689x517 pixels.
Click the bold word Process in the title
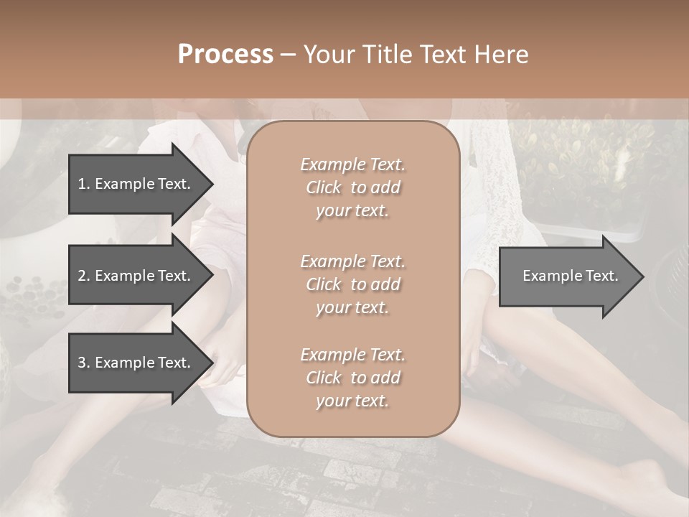[x=225, y=54]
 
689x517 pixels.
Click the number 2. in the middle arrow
[x=83, y=276]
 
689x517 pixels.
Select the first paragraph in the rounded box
[x=352, y=187]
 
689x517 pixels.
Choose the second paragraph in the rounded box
[x=352, y=284]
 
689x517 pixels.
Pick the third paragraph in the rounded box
[x=352, y=378]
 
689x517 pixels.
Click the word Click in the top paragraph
[x=324, y=187]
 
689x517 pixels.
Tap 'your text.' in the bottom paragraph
[x=352, y=401]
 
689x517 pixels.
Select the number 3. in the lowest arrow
[x=83, y=363]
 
